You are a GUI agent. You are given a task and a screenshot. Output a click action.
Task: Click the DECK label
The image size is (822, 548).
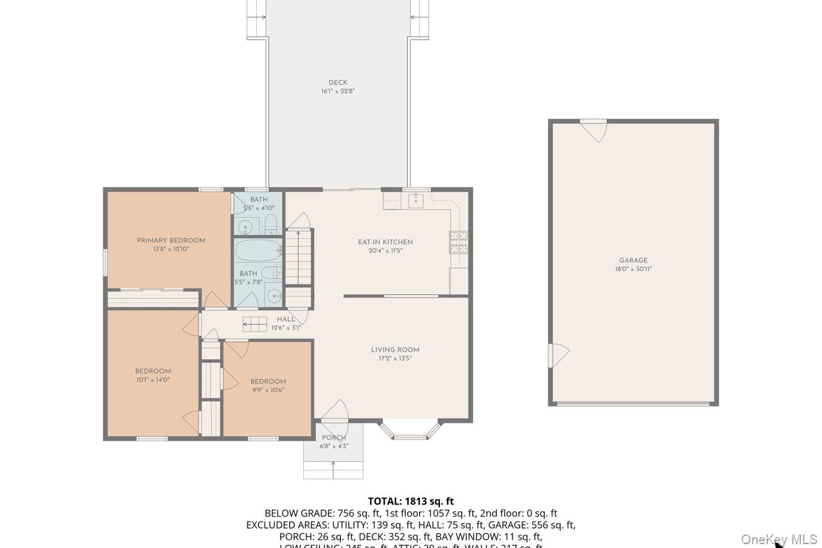point(338,82)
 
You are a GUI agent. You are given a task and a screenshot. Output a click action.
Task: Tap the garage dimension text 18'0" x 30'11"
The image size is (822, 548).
point(633,269)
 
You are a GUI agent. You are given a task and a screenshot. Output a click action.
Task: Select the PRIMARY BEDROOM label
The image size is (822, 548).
point(171,240)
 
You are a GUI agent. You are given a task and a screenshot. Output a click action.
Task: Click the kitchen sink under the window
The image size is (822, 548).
point(415,202)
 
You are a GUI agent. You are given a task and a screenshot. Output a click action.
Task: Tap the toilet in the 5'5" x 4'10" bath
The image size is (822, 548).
point(271,224)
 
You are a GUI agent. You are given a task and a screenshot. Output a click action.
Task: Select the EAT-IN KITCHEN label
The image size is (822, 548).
point(385,242)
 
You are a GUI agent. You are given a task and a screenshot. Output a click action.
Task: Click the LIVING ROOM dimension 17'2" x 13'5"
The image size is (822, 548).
point(395,358)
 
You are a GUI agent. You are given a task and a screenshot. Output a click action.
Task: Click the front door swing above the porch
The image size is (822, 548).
point(335,411)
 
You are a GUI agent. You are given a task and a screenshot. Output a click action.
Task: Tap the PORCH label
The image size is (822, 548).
point(334,438)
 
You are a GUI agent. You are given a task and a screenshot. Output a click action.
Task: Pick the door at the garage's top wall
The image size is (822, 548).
point(593,130)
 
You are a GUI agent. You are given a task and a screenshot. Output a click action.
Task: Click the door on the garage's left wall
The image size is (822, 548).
point(557,355)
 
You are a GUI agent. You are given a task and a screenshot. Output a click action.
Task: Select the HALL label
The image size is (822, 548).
point(286,319)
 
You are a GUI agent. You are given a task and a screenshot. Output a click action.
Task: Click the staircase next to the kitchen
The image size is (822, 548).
point(298,257)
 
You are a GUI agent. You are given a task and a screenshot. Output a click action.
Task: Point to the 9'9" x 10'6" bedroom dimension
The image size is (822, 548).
point(268,389)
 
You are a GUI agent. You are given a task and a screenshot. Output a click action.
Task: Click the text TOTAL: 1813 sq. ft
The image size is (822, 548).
point(411,501)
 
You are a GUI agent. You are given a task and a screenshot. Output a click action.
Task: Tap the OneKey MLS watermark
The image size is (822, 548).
point(779,539)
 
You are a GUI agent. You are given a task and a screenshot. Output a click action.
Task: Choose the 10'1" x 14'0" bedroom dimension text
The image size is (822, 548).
point(153,379)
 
